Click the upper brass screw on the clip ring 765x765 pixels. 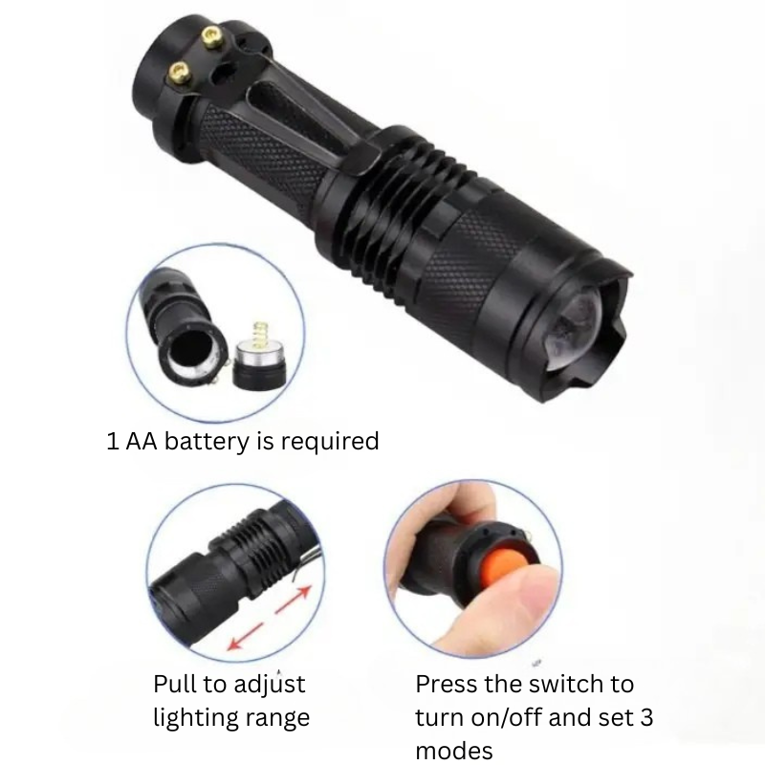(x=211, y=36)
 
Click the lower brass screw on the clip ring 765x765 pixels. (x=180, y=73)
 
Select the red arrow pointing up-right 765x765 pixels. (x=294, y=600)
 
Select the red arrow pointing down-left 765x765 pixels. (x=246, y=636)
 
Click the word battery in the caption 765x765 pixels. (x=207, y=442)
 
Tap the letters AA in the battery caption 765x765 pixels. (x=142, y=442)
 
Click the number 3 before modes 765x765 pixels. (x=646, y=718)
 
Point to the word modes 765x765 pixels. (x=453, y=751)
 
